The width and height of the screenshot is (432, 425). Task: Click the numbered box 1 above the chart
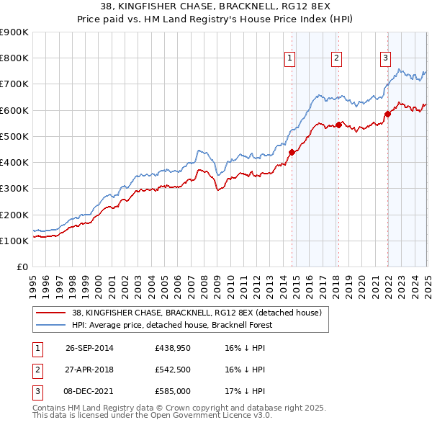pyautogui.click(x=289, y=58)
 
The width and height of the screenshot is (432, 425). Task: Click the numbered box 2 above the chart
pyautogui.click(x=336, y=58)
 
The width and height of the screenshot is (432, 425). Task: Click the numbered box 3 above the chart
pyautogui.click(x=385, y=58)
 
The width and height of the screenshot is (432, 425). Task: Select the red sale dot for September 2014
pyautogui.click(x=292, y=152)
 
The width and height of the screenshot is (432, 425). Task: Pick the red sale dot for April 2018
pyautogui.click(x=338, y=125)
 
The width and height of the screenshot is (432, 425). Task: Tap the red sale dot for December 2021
pyautogui.click(x=387, y=113)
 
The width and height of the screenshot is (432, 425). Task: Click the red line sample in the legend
pyautogui.click(x=51, y=312)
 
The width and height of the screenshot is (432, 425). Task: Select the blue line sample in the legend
pyautogui.click(x=51, y=325)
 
